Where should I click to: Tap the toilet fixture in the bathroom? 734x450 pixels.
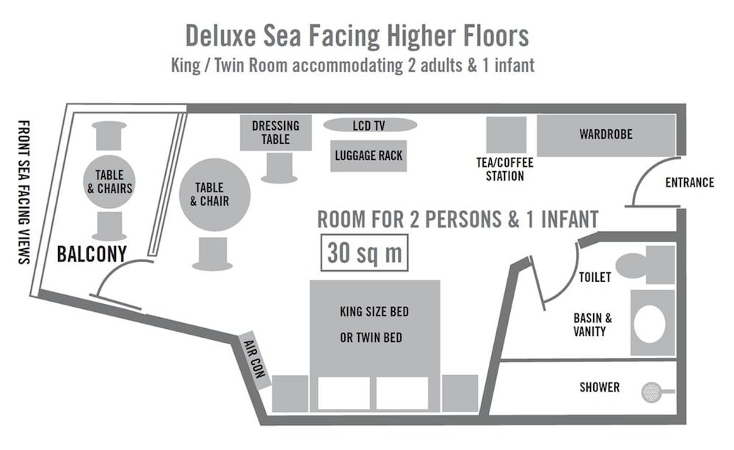[x=644, y=265]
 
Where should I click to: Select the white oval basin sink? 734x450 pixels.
[x=650, y=324]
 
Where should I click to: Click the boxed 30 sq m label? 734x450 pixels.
[x=364, y=253]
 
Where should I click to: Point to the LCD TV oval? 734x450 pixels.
[x=370, y=126]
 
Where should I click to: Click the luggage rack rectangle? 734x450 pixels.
[x=368, y=156]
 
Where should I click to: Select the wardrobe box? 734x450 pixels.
[x=606, y=135]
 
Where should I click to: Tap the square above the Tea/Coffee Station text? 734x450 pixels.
[x=506, y=135]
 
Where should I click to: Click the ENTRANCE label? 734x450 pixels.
[x=689, y=183]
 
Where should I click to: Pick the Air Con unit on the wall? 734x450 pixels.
[x=254, y=360]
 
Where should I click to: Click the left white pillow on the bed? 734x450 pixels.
[x=344, y=393]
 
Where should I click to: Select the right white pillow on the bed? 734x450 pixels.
[x=402, y=393]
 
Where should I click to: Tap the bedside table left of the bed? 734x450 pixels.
[x=290, y=393]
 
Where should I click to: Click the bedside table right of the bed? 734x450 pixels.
[x=460, y=393]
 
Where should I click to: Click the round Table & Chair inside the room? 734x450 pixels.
[x=215, y=195]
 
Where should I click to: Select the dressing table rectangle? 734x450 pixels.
[x=275, y=133]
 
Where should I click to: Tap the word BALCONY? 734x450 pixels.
[x=92, y=254]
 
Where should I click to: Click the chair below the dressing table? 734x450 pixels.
[x=279, y=168]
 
